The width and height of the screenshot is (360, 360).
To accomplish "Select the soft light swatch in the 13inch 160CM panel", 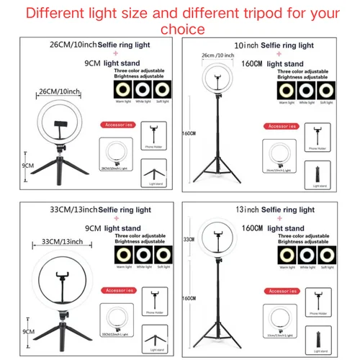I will [x=320, y=257].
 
